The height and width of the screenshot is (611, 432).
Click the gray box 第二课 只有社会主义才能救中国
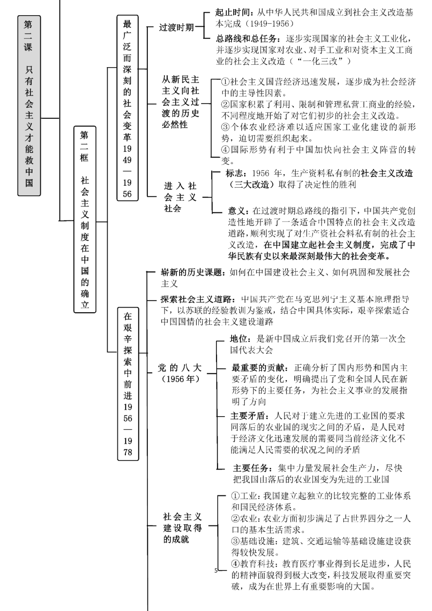point(29,105)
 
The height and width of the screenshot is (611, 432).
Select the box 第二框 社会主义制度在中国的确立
point(85,219)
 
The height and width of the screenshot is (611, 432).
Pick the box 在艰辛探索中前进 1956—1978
point(128,383)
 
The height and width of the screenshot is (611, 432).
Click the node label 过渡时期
point(176,28)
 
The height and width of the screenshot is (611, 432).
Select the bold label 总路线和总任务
point(247,39)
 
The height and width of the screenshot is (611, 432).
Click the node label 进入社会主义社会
point(180,197)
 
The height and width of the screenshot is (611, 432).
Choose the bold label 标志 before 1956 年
point(234,173)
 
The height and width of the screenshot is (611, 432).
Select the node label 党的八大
point(180,373)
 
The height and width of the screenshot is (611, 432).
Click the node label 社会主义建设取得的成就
point(182,528)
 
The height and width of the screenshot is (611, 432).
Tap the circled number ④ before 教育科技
point(236,564)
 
